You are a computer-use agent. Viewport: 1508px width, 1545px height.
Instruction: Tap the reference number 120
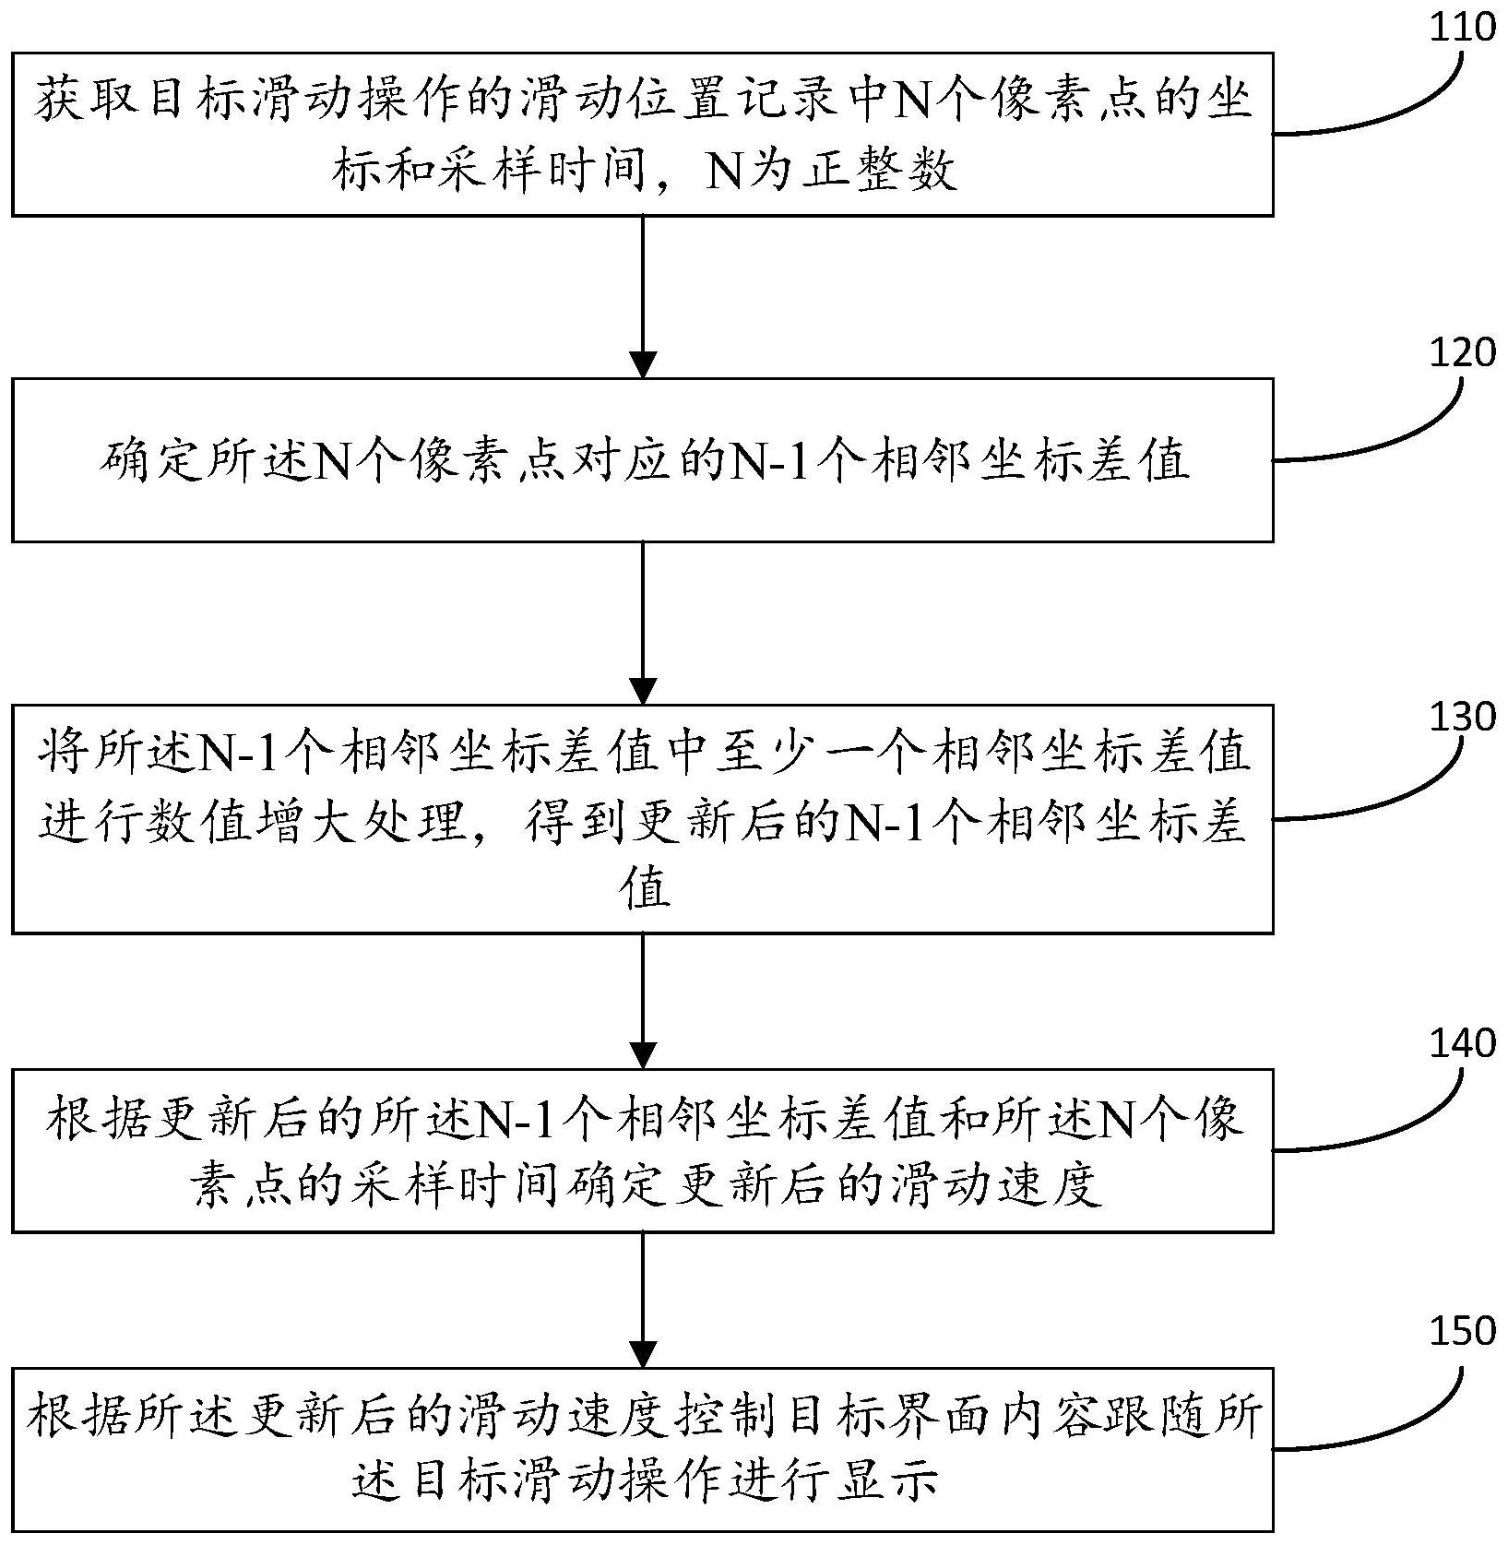pos(1461,352)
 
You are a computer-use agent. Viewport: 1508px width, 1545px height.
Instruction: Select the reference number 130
pos(1461,717)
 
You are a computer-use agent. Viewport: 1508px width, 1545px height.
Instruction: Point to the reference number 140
pos(1461,1043)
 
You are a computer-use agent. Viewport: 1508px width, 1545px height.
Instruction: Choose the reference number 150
pos(1461,1332)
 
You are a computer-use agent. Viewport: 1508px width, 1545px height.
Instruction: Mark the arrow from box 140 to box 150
pos(642,1300)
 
